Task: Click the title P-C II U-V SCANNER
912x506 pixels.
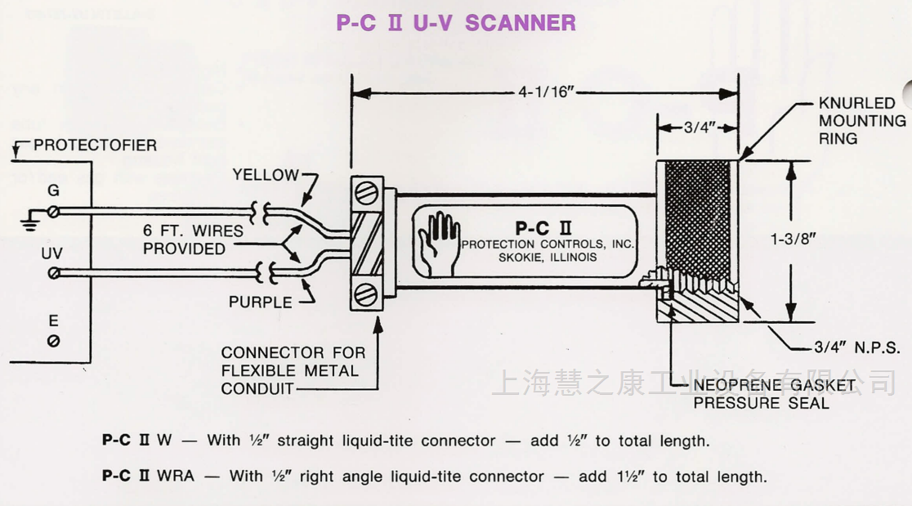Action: [456, 23]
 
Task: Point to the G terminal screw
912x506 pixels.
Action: [54, 213]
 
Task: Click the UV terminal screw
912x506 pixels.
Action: [54, 272]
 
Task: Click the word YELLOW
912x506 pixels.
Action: [266, 175]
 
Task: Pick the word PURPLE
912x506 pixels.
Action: [260, 302]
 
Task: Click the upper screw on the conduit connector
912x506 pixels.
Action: [368, 195]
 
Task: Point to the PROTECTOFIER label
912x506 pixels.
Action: [95, 146]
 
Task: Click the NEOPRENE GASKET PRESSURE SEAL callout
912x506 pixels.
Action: [773, 393]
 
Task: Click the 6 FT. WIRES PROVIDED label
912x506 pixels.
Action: [194, 240]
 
